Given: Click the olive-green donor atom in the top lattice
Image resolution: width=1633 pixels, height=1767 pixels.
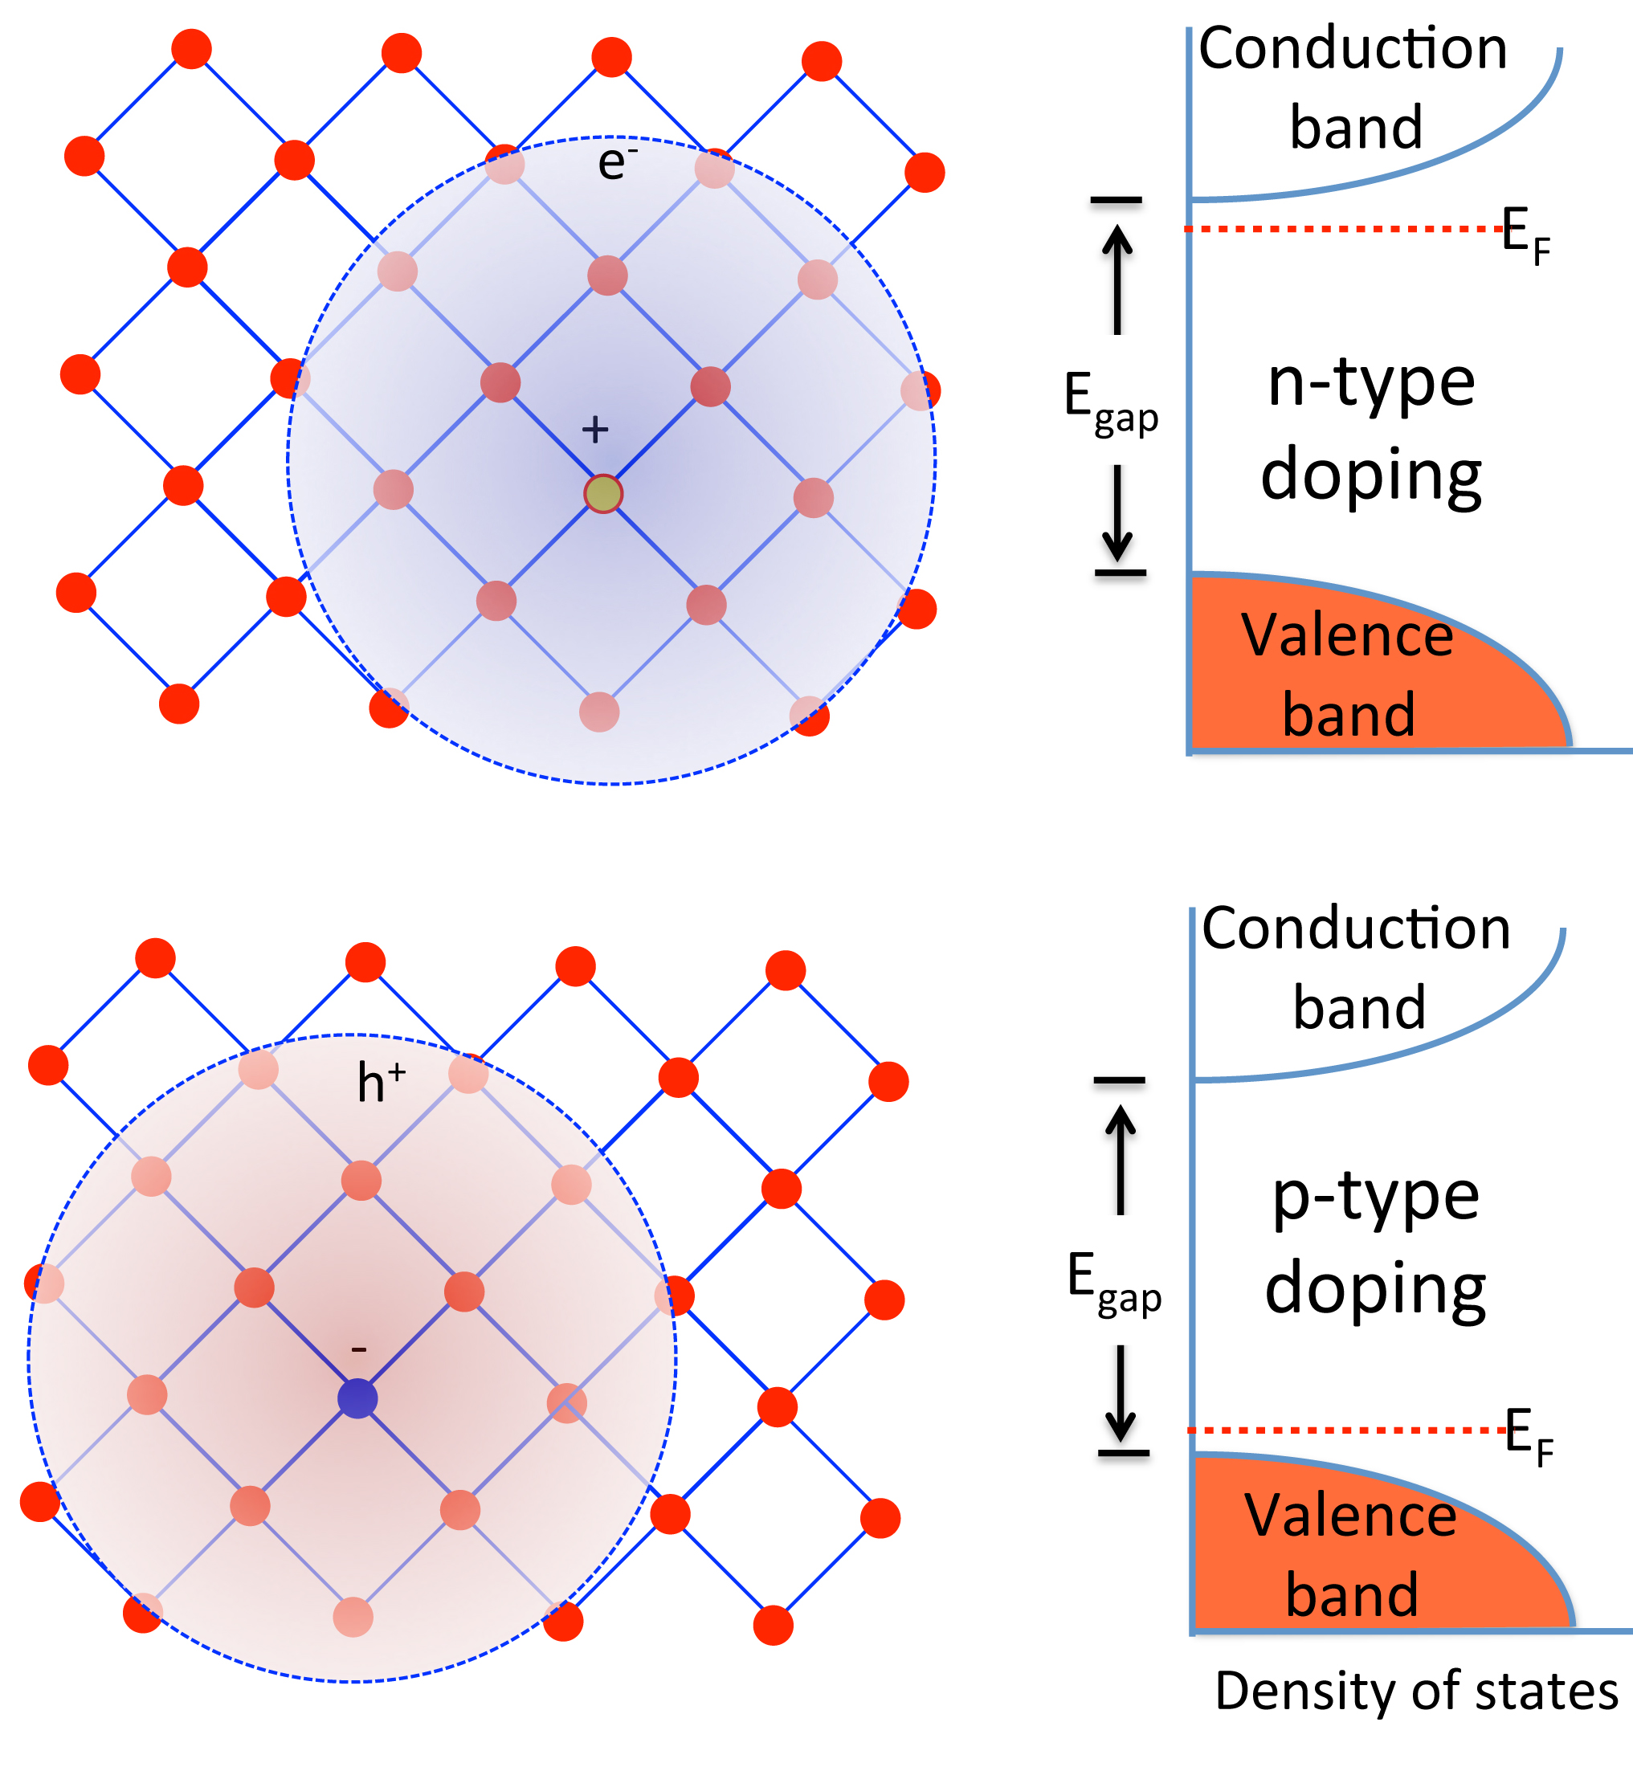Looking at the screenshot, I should coord(603,494).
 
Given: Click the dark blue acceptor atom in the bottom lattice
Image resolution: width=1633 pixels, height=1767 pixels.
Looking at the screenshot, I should coord(358,1398).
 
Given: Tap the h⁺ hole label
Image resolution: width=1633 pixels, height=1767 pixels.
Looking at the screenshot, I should coord(380,1083).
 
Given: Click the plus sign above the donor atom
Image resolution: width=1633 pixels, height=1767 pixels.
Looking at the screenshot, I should coord(595,431).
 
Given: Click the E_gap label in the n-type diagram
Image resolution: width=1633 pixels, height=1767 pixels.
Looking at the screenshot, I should coord(1110,403).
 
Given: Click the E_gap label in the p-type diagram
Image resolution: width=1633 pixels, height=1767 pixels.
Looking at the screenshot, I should coord(1113,1283).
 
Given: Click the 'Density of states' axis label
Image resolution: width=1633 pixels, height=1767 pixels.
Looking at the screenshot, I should coord(1416,1691).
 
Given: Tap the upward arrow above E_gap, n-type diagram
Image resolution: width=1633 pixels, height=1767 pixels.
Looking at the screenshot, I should coord(1118,280).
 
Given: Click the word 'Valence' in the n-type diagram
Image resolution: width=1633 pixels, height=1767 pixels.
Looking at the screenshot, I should coord(1347,636).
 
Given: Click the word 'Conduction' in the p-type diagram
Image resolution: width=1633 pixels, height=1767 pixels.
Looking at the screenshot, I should coord(1357,929).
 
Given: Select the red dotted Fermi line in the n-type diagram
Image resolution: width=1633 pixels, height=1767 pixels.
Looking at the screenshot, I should coord(1343,229).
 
